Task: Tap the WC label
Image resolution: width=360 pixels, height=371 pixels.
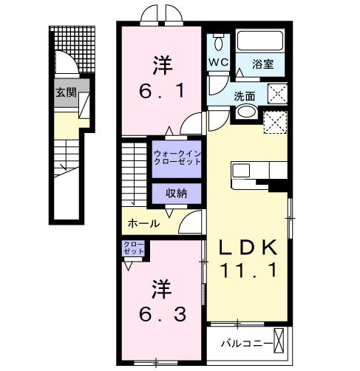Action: click(x=218, y=62)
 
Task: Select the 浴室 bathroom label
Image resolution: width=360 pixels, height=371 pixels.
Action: click(x=262, y=64)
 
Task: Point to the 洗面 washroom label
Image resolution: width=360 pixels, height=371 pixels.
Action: click(x=245, y=95)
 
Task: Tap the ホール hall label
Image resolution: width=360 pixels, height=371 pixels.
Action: click(x=143, y=222)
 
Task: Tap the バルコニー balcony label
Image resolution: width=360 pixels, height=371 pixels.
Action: click(x=242, y=344)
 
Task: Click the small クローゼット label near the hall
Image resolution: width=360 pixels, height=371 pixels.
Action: click(x=134, y=248)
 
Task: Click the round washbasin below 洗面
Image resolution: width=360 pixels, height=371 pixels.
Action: click(x=246, y=113)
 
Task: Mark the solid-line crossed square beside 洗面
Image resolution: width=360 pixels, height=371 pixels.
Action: click(x=276, y=94)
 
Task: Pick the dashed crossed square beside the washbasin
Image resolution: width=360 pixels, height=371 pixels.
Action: click(x=274, y=120)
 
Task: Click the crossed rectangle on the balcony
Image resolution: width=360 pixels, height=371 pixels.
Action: click(x=279, y=342)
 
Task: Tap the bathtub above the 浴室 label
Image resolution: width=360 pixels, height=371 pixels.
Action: click(x=260, y=41)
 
